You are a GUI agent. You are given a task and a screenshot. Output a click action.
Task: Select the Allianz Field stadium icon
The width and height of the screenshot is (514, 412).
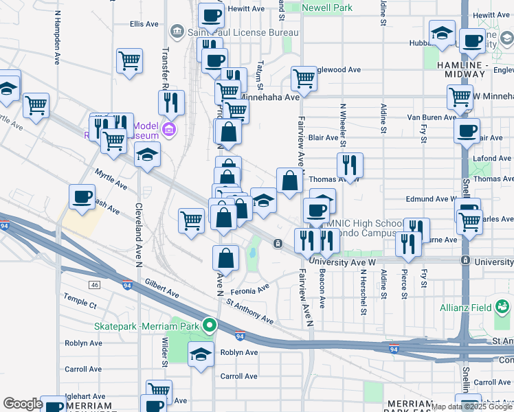(502, 305)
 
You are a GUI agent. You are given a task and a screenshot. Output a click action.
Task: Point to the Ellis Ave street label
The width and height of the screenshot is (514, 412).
(144, 24)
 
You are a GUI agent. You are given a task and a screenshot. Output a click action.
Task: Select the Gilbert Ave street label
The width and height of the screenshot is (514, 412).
(162, 288)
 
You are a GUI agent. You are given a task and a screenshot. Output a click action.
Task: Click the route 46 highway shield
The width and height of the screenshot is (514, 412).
(95, 284)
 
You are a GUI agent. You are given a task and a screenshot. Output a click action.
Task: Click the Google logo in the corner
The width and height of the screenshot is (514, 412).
(23, 404)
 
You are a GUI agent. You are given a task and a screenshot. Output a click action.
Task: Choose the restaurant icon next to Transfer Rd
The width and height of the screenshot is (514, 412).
(170, 102)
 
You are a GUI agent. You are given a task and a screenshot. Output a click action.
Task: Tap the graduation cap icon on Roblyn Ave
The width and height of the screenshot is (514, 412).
(201, 354)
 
